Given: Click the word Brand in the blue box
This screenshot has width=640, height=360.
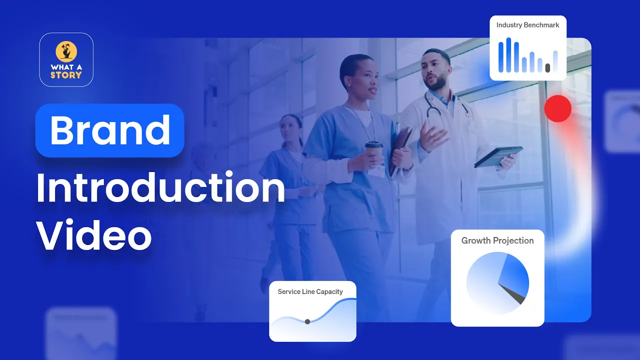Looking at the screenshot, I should (110, 130).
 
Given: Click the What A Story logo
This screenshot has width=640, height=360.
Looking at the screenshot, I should (66, 59).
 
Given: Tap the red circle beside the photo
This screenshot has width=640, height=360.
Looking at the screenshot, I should (557, 108).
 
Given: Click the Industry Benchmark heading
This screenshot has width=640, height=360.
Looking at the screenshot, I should (527, 25).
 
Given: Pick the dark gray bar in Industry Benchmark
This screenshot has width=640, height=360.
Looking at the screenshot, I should (547, 67).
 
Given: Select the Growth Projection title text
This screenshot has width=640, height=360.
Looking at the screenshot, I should (497, 240).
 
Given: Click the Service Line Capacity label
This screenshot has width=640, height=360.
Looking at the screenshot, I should (310, 291).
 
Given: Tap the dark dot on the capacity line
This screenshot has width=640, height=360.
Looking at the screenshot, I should (307, 321).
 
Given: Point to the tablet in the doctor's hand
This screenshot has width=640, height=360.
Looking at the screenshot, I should (498, 156).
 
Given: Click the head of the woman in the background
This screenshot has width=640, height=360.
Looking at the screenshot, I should (291, 128).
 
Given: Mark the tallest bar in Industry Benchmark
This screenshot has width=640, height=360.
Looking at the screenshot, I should (508, 54).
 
